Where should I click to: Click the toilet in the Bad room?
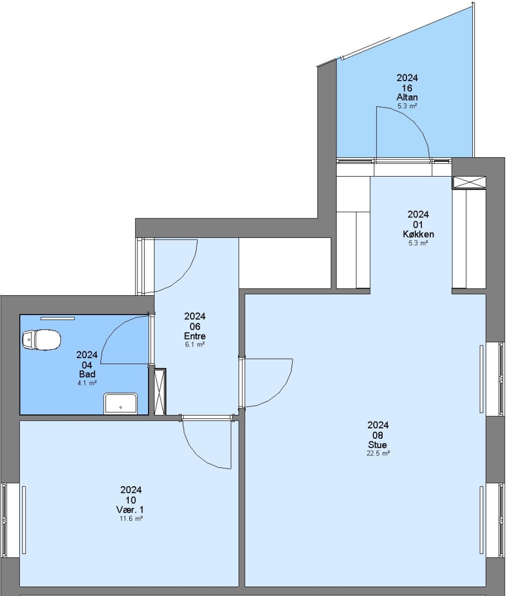coord(41,339)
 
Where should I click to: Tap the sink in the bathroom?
coord(120,403)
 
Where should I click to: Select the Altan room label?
coord(407,97)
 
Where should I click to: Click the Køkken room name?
coord(419,234)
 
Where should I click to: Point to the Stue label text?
coord(378,445)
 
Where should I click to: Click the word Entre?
coord(195,336)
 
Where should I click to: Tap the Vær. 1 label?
coord(130,510)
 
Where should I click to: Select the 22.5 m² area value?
coord(378,453)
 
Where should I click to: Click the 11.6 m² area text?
coord(131,518)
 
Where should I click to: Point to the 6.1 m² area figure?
coord(195,344)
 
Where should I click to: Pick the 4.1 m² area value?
coord(87,383)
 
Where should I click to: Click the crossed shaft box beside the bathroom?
coord(160,391)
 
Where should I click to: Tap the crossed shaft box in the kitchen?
coord(469,183)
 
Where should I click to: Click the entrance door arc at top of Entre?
coord(186,278)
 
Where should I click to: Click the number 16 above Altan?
coord(407,88)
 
